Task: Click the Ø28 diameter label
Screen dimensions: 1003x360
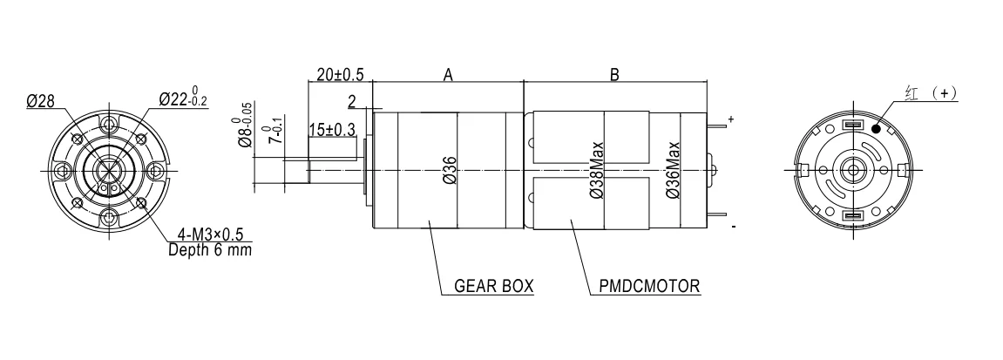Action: (x=40, y=101)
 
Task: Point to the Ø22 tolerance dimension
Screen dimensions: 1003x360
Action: (x=183, y=98)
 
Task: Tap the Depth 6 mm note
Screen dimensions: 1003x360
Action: (x=210, y=249)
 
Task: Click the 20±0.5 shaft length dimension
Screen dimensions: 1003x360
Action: (x=340, y=74)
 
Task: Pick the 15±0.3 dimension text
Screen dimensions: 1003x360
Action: (x=332, y=130)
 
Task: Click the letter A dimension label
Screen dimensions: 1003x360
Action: (x=448, y=75)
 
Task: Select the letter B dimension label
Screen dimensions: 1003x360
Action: (x=614, y=75)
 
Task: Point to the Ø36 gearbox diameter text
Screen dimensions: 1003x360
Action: (x=450, y=170)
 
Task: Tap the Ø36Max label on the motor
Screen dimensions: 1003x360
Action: (x=672, y=169)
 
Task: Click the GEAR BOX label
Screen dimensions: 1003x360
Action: (x=493, y=286)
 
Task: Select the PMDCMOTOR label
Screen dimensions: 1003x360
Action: (x=649, y=286)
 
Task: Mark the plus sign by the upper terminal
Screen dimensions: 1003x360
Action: (x=730, y=119)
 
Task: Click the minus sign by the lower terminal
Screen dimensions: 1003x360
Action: (x=733, y=227)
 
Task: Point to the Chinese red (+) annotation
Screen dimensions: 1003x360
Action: (x=932, y=93)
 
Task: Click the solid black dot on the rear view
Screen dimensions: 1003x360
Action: (x=876, y=128)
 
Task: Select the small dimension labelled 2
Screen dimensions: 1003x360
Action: (x=352, y=102)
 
